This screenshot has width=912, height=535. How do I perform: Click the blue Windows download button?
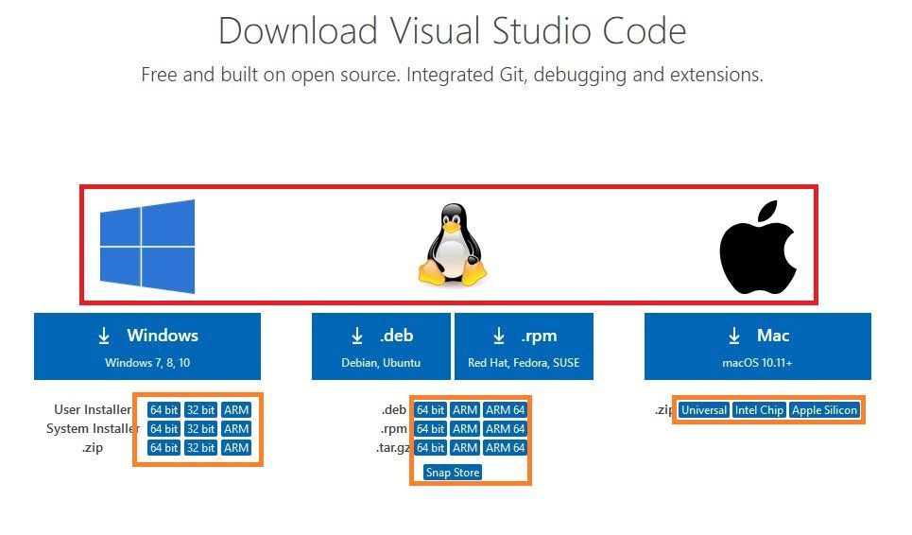pyautogui.click(x=147, y=346)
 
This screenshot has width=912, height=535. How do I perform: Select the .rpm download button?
pyautogui.click(x=524, y=346)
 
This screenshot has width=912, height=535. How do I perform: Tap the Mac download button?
pyautogui.click(x=758, y=346)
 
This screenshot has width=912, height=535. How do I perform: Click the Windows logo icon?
pyautogui.click(x=147, y=246)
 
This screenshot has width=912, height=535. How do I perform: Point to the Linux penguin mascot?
pyautogui.click(x=452, y=244)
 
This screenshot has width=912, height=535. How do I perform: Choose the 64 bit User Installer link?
pyautogui.click(x=163, y=410)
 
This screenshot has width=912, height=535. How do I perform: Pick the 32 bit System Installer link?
pyautogui.click(x=200, y=429)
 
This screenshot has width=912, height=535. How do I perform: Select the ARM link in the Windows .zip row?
pyautogui.click(x=236, y=448)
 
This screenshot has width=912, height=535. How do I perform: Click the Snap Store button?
pyautogui.click(x=453, y=473)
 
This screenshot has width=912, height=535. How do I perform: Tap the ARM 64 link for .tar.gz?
pyautogui.click(x=505, y=448)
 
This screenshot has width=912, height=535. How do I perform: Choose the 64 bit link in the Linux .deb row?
pyautogui.click(x=430, y=410)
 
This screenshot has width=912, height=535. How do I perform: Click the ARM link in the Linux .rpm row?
pyautogui.click(x=465, y=429)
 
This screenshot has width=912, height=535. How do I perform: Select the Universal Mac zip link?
pyautogui.click(x=704, y=410)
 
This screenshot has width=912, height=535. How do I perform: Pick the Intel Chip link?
pyautogui.click(x=760, y=410)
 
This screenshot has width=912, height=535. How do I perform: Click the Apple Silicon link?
pyautogui.click(x=825, y=410)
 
